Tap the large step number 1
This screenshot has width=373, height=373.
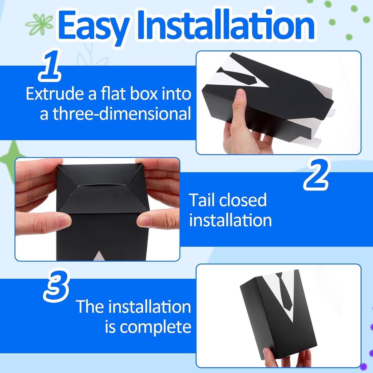[x=50, y=66]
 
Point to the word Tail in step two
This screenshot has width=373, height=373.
[x=202, y=200]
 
